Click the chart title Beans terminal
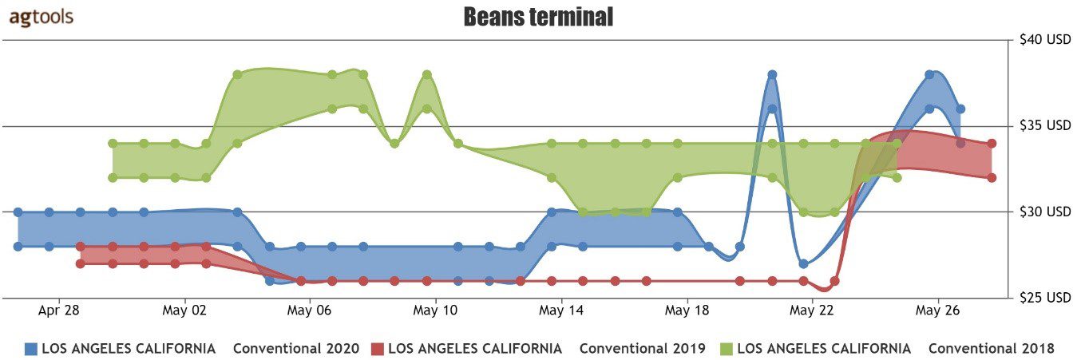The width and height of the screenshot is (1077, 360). (x=538, y=17)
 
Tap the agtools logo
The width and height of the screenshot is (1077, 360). (x=42, y=18)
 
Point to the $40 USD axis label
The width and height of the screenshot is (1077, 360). (x=1045, y=39)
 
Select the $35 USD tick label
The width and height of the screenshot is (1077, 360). (x=1045, y=125)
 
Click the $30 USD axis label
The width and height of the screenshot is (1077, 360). (x=1045, y=212)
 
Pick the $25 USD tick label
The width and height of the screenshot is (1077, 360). (x=1045, y=298)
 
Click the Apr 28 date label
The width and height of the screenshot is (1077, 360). (x=58, y=311)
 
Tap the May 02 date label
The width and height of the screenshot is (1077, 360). (x=184, y=311)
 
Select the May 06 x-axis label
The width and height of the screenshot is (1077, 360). (x=309, y=311)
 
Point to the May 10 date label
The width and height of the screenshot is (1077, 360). (x=435, y=311)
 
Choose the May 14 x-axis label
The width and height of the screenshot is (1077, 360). (x=561, y=311)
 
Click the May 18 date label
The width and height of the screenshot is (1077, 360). (x=687, y=311)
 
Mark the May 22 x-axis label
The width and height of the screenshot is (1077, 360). (x=812, y=311)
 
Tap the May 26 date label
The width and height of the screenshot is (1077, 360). (x=937, y=311)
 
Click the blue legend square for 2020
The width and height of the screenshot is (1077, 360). (x=31, y=349)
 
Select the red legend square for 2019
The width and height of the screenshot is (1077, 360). (x=379, y=349)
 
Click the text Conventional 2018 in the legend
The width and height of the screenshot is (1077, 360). (x=991, y=349)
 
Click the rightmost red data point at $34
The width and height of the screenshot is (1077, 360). (x=992, y=143)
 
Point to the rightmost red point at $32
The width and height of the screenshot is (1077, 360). (x=992, y=177)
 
